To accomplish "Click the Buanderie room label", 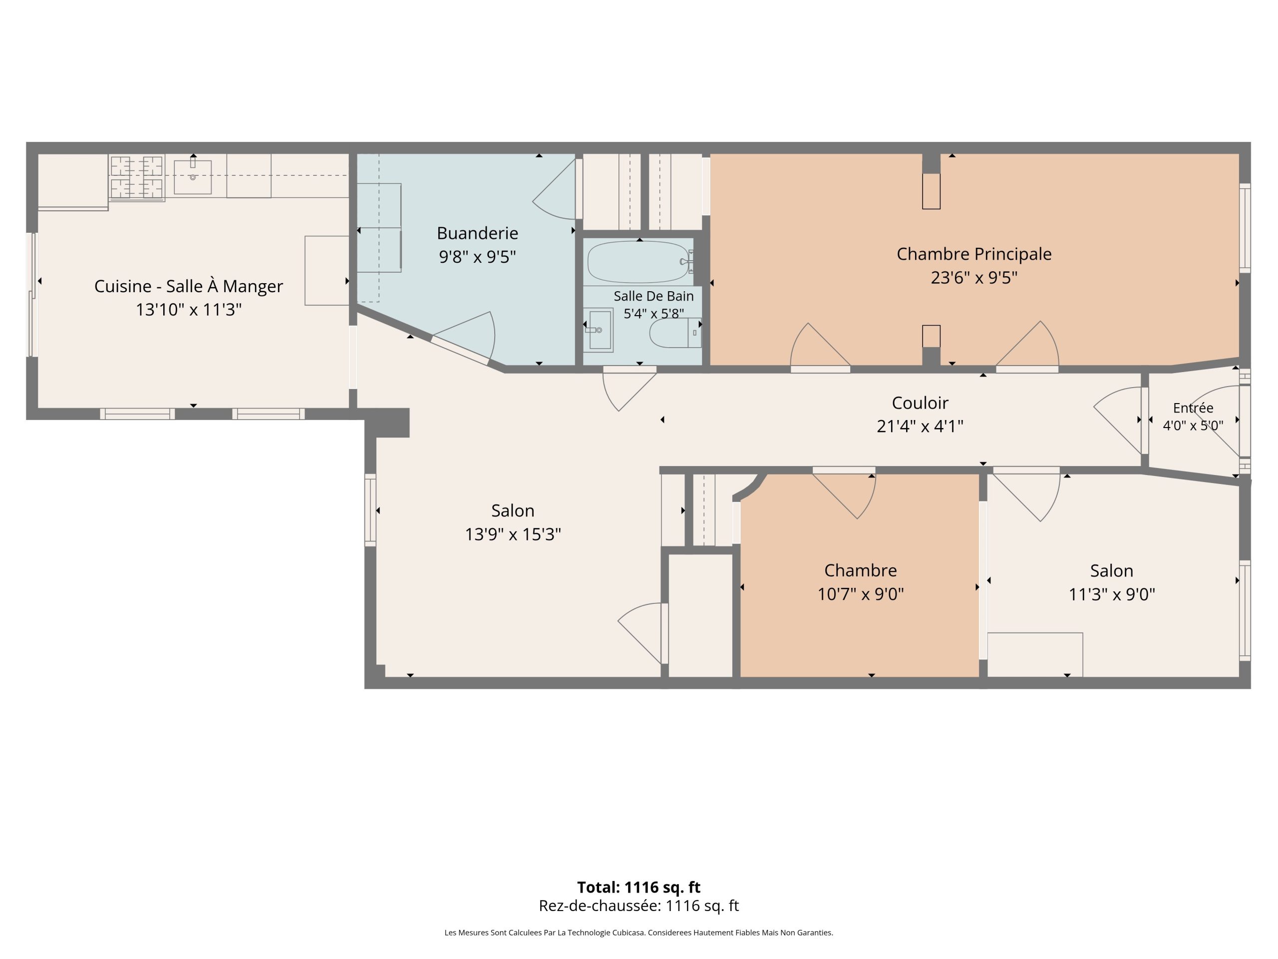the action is (x=477, y=233).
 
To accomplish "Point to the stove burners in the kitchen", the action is (x=136, y=177).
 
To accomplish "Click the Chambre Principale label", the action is (x=973, y=254).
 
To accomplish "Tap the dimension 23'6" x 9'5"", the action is (x=973, y=278).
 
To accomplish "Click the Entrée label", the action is (x=1193, y=408).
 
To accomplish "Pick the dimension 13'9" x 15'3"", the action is (x=513, y=534).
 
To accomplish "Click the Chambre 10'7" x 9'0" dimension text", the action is (x=860, y=594).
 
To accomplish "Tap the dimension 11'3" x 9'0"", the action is (x=1112, y=594).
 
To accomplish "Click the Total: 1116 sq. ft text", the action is (x=639, y=887).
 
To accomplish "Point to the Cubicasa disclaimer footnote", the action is (x=639, y=933).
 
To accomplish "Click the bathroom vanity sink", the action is (x=599, y=330).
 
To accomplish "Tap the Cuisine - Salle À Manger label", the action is (x=188, y=286).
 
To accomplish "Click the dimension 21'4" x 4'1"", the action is (x=920, y=426).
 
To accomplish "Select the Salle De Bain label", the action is (x=653, y=296).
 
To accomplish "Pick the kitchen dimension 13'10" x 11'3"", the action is (x=188, y=310).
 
